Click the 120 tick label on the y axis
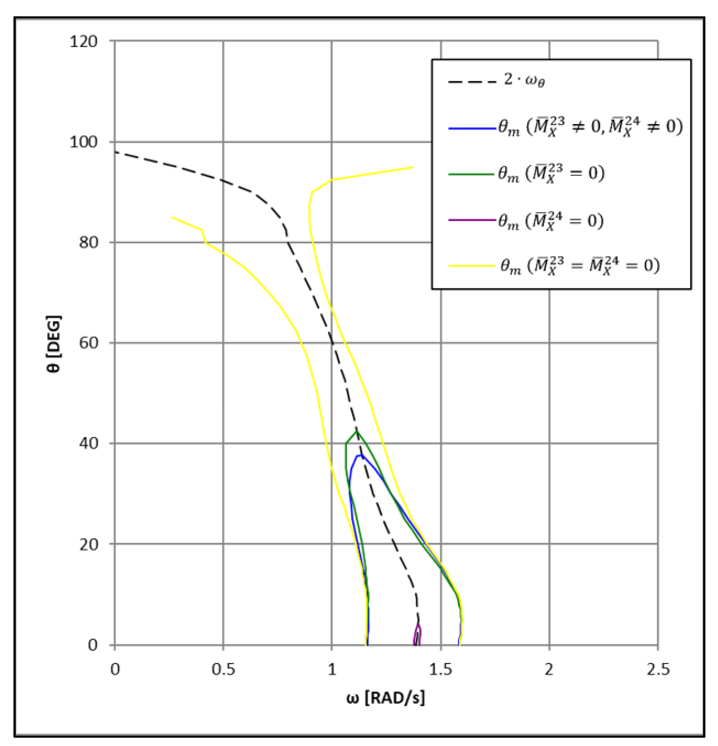[83, 41]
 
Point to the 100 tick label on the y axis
[83, 142]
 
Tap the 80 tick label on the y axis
[88, 242]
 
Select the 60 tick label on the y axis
[88, 343]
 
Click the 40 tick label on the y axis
[88, 443]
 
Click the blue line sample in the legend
[472, 128]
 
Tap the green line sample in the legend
[472, 174]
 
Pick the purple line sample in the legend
[472, 220]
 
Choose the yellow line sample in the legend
[472, 265]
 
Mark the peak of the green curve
[356, 431]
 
